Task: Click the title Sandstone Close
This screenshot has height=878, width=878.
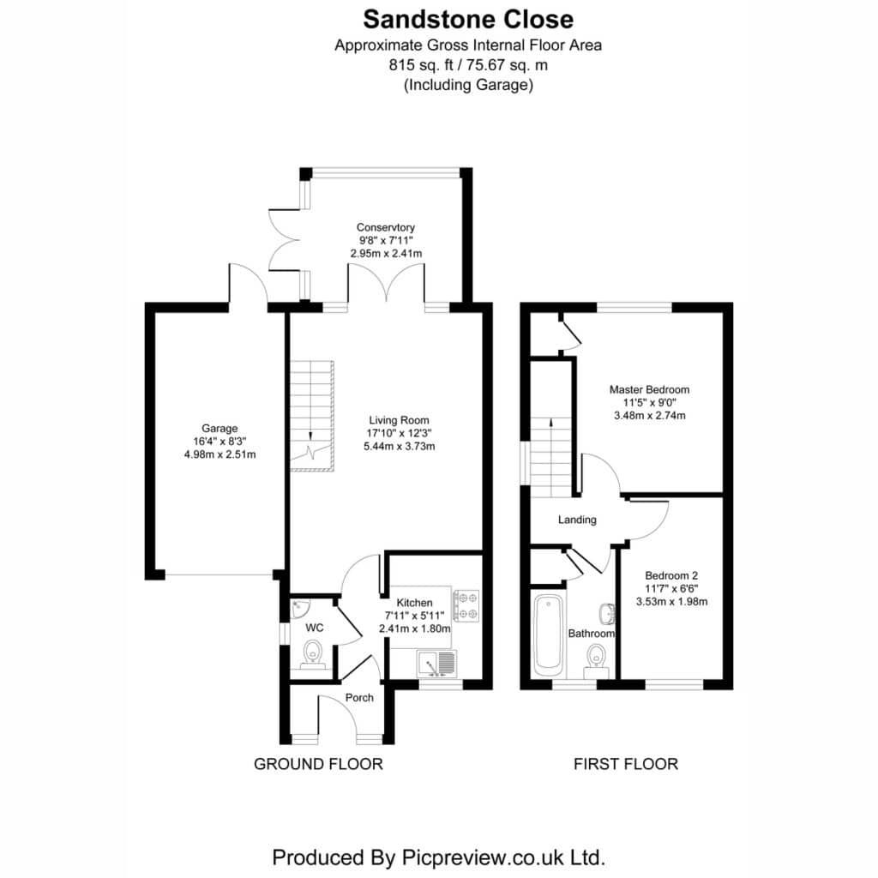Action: click(468, 20)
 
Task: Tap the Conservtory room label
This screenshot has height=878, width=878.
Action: click(385, 227)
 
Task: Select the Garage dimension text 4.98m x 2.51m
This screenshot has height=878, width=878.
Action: click(220, 454)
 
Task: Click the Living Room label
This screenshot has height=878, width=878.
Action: click(399, 420)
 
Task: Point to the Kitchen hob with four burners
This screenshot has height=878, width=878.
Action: click(466, 605)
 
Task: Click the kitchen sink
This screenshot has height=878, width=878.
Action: click(436, 664)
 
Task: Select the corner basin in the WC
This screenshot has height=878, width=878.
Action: click(300, 607)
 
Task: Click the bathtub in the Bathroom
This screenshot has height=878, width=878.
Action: click(548, 635)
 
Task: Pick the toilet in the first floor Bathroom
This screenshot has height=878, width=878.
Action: click(597, 660)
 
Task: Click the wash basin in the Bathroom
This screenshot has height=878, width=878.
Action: click(608, 614)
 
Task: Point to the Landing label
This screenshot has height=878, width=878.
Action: click(577, 520)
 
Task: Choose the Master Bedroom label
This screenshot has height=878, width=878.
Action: click(650, 389)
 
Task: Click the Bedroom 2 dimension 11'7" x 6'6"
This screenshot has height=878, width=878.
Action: click(671, 588)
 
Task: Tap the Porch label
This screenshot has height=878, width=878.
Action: click(359, 698)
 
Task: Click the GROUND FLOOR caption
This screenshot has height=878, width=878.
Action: click(318, 764)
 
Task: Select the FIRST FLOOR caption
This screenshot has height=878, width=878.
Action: click(625, 764)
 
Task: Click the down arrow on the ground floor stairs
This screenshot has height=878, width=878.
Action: click(310, 435)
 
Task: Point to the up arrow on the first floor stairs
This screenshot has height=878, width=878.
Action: click(551, 422)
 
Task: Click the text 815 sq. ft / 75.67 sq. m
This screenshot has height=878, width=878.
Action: click(468, 65)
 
